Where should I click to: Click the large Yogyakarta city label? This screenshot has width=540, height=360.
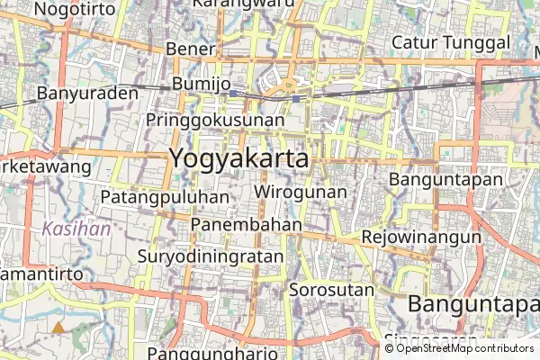[x=238, y=157]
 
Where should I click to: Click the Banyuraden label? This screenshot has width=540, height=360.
[x=87, y=93]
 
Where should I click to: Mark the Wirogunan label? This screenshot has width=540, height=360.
[x=301, y=192]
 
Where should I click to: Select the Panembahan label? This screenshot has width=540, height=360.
[x=247, y=224]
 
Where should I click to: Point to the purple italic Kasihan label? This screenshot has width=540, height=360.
[x=76, y=229]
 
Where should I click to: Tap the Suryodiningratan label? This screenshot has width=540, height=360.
[x=211, y=256]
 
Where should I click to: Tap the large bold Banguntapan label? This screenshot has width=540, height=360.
[x=473, y=303]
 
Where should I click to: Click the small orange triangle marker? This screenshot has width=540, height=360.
[x=58, y=328]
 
